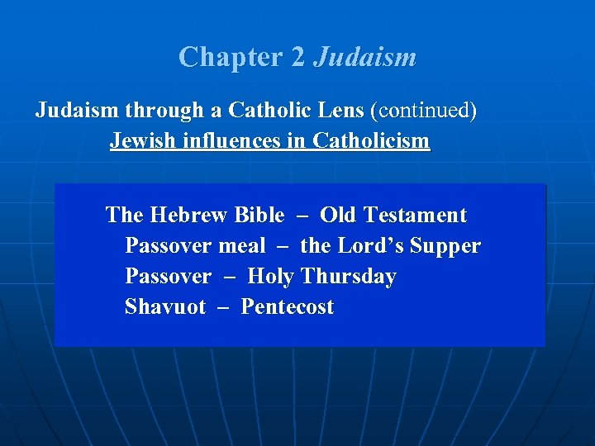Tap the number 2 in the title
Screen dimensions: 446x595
point(298,57)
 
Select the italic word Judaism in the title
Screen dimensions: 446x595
point(365,57)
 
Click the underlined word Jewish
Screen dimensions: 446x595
point(143,141)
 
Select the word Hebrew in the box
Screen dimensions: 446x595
point(188,216)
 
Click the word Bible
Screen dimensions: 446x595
point(259,216)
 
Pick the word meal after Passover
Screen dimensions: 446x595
point(242,246)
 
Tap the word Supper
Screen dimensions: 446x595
point(445,246)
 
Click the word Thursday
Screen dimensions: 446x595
point(348,277)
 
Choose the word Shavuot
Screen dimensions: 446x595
point(165,307)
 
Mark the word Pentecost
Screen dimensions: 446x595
point(288,307)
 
